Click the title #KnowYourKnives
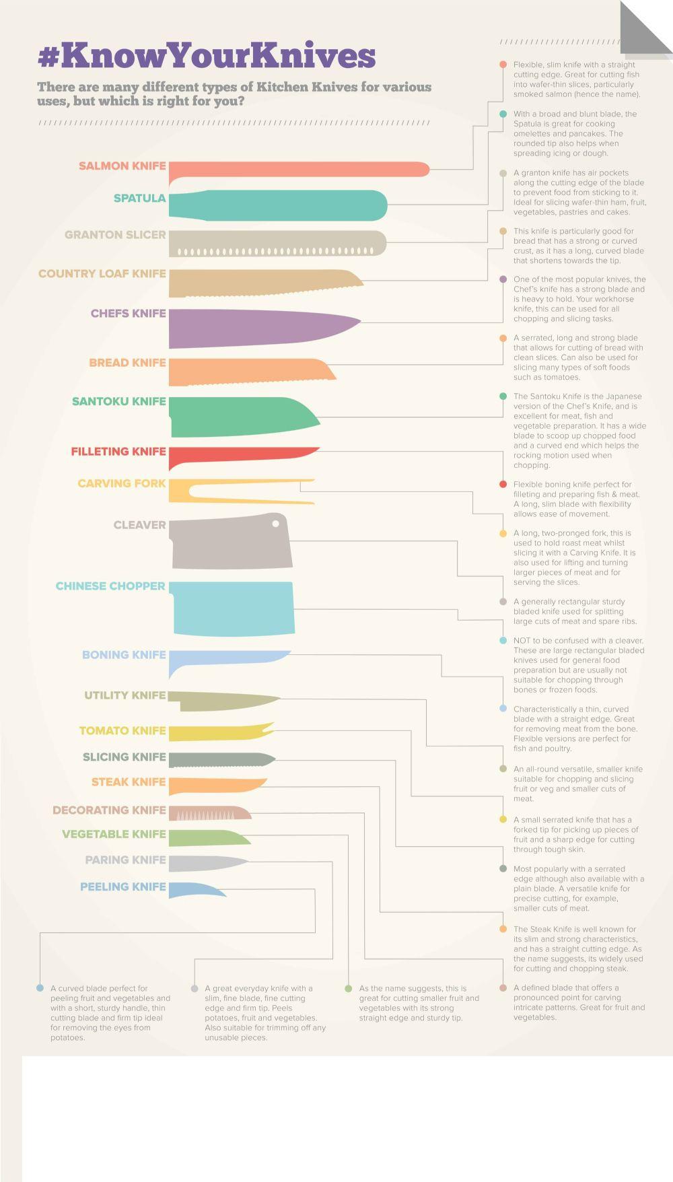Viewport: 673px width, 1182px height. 206,55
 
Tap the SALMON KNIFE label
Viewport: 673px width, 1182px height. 122,166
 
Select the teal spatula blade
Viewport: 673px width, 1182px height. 283,205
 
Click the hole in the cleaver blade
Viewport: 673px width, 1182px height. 276,524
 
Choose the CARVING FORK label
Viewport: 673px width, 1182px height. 121,483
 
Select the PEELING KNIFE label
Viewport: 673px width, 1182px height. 122,887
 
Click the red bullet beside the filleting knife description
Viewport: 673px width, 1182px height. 503,485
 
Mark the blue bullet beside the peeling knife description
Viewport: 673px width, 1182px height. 40,988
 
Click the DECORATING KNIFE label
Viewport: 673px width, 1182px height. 109,810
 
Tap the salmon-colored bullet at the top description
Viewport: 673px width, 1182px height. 503,65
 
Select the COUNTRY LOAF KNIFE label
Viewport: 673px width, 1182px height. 102,274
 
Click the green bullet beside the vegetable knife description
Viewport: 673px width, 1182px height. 348,989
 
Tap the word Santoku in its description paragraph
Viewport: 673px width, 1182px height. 546,396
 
